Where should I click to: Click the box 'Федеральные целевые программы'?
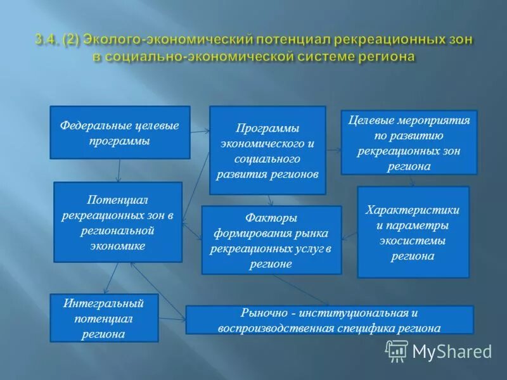[120, 132]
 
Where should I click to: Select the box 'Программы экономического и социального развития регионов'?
[267, 151]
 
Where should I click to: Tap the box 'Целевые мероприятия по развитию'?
[409, 143]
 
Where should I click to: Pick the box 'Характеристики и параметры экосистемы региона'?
[413, 232]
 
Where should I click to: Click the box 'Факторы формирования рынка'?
[271, 240]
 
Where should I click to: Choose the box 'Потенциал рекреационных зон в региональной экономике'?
[118, 222]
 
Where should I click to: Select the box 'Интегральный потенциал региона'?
[103, 317]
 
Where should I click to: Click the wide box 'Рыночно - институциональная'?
[329, 320]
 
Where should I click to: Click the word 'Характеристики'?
[413, 210]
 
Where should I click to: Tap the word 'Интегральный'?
[103, 303]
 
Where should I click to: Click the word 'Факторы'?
[271, 218]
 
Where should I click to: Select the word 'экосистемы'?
[413, 241]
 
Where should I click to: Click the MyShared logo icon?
[397, 350]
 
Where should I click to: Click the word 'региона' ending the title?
[387, 56]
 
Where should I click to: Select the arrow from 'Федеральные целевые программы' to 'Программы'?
[200, 132]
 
